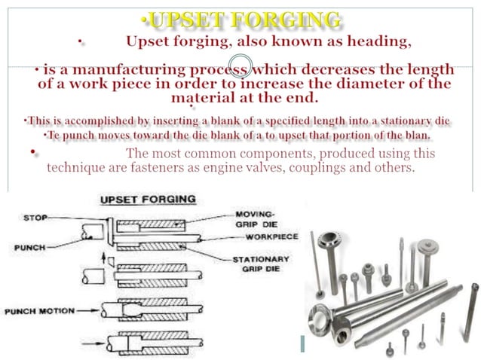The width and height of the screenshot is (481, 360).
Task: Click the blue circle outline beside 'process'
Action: pos(239,66)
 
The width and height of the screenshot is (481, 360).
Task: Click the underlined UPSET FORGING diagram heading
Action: pos(148,200)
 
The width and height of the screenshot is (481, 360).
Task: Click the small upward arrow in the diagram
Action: pos(104,261)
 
